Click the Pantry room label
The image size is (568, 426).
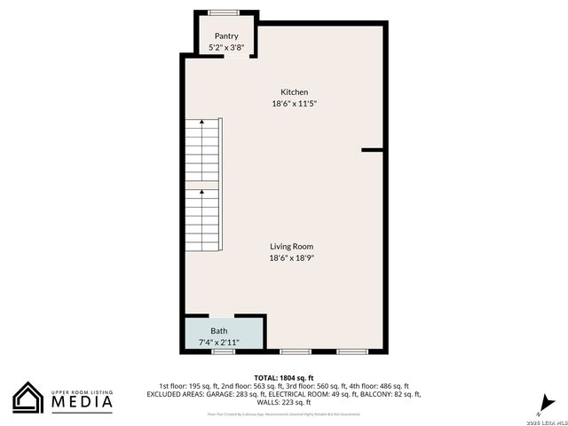click(226, 35)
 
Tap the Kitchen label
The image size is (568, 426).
click(295, 92)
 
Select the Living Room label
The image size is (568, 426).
click(292, 247)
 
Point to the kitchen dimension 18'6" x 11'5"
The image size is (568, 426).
click(295, 104)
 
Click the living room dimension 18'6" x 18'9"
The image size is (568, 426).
click(292, 258)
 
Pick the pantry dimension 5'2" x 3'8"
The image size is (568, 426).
click(226, 47)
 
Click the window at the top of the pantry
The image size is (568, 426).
click(225, 12)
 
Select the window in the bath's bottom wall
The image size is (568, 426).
click(223, 351)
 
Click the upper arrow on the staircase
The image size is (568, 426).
click(201, 122)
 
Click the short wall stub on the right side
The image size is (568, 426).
click(373, 151)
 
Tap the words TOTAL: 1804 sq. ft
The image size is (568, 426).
click(284, 378)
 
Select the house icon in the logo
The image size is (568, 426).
click(28, 398)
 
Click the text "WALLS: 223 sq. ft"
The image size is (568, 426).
click(284, 402)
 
